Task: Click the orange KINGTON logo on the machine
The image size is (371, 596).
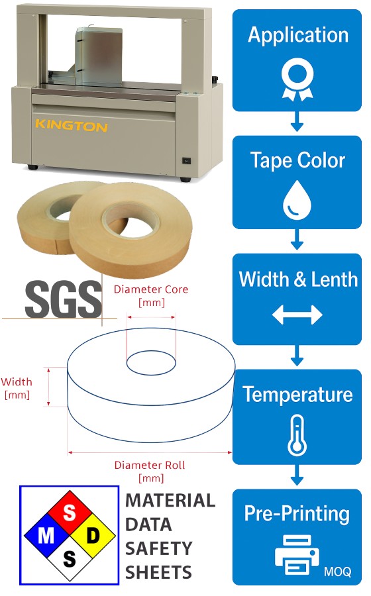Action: [x=72, y=125]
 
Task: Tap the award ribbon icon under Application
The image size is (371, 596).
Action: [x=297, y=81]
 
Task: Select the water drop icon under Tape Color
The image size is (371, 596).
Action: [x=297, y=200]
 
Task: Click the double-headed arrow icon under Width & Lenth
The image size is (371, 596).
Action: [x=297, y=315]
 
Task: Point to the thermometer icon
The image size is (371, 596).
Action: [x=297, y=436]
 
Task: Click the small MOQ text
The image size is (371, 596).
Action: [x=338, y=571]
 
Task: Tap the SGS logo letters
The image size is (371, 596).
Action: [x=64, y=299]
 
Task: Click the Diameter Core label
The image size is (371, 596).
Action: [x=151, y=296]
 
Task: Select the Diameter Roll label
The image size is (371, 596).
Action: [x=150, y=472]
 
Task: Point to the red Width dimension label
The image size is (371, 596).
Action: [x=17, y=388]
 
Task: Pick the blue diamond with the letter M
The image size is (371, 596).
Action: [x=46, y=536]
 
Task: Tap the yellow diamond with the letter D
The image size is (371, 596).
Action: [x=93, y=536]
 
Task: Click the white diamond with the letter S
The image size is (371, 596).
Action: [x=70, y=559]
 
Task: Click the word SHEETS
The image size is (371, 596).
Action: [x=158, y=572]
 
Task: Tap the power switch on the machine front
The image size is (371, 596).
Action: [x=187, y=161]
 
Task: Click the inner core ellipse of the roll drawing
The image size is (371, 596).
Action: [x=151, y=351]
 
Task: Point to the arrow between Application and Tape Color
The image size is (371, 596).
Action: [x=297, y=122]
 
